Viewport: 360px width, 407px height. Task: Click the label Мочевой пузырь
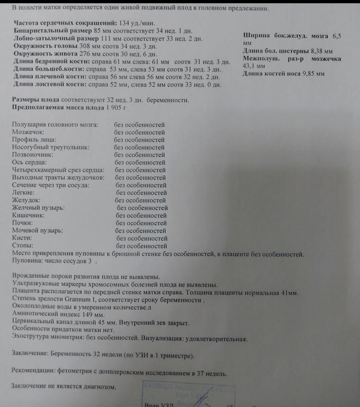click(x=37, y=231)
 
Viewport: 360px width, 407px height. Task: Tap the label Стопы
click(x=22, y=246)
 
